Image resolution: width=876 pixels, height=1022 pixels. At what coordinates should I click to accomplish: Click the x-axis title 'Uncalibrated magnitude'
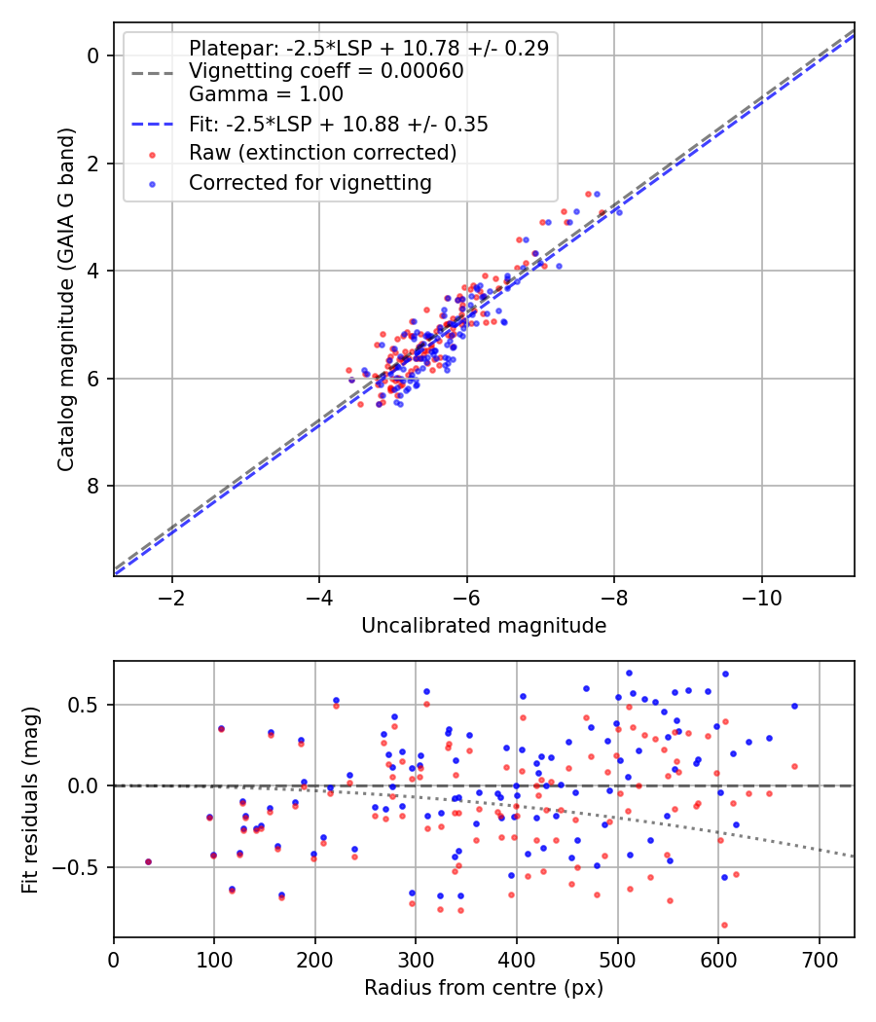[484, 625]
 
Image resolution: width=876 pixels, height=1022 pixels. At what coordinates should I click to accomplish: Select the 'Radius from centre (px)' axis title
[484, 988]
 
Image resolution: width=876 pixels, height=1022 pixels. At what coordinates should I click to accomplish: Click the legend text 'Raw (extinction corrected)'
[322, 153]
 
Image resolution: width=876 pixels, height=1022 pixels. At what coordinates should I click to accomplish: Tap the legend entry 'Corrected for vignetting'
[310, 182]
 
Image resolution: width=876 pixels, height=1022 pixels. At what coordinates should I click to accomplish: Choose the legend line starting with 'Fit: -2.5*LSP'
[338, 124]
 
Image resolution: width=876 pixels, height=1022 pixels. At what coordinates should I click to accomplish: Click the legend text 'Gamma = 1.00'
[266, 94]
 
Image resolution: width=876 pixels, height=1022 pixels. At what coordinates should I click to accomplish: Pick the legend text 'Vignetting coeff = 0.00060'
[326, 71]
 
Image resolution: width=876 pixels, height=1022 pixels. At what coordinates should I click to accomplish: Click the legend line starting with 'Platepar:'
[368, 48]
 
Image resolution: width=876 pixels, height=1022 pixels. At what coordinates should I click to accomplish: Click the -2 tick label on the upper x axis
[172, 596]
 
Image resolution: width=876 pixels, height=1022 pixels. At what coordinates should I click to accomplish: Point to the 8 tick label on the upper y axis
[93, 487]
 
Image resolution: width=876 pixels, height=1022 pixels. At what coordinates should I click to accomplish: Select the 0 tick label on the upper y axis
[93, 55]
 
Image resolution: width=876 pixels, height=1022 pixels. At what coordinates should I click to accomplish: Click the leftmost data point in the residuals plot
[148, 861]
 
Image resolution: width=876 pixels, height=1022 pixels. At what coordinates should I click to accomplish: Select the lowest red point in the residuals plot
[724, 925]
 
